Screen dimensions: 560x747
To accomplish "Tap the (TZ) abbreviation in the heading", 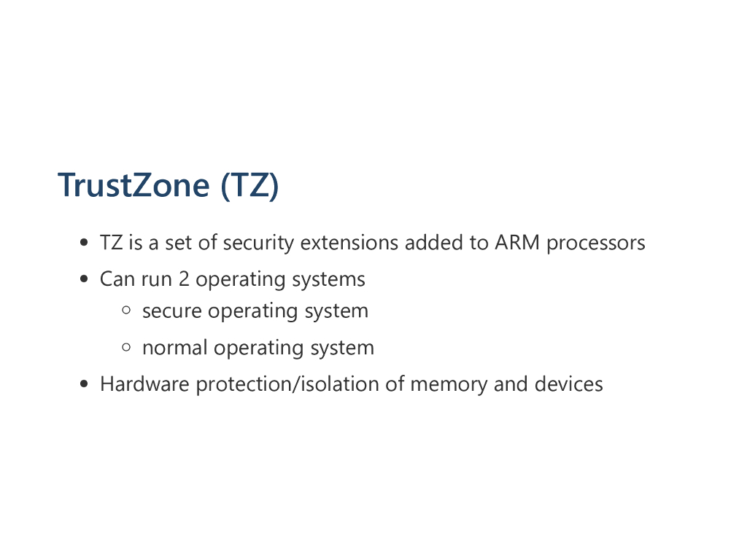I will (249, 184).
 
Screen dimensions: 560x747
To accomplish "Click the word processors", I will (596, 243).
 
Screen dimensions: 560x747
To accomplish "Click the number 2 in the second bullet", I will (184, 279).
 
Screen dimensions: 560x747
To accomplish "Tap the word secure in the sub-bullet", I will (172, 311).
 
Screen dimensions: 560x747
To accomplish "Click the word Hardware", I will (144, 384).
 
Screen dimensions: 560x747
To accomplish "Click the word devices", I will (569, 384).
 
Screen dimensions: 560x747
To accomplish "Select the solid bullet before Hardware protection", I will (85, 384).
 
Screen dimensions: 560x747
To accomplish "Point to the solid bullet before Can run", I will (85, 279).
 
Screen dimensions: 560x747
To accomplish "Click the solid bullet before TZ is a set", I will (85, 243).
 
